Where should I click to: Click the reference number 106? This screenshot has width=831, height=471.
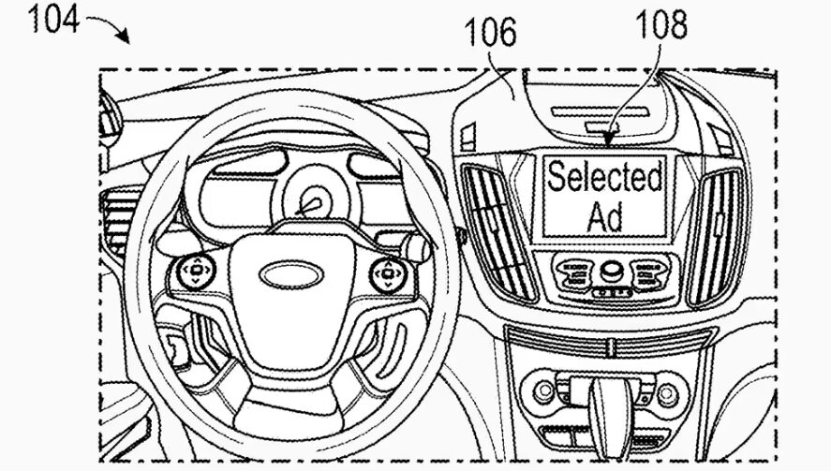coord(492,33)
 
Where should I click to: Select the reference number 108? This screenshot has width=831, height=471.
coord(660,25)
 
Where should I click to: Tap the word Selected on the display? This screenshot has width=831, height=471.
coord(604,176)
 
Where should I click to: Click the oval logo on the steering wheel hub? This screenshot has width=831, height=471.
coord(289,274)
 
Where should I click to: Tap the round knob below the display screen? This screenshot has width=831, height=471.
coord(613,271)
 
